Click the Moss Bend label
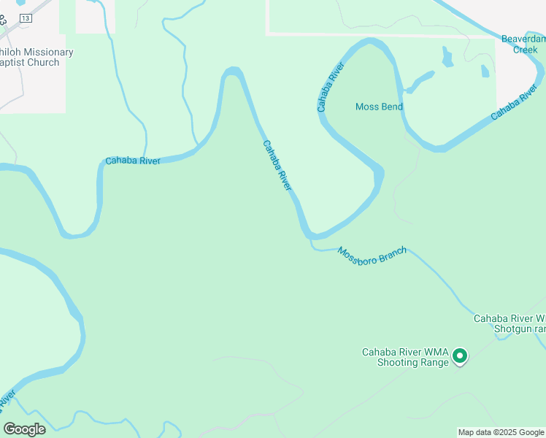pyautogui.click(x=379, y=107)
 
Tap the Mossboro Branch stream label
pyautogui.click(x=372, y=255)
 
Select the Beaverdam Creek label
pyautogui.click(x=523, y=44)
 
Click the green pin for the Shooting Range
pyautogui.click(x=460, y=356)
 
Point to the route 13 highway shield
pyautogui.click(x=26, y=18)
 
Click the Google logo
pyautogui.click(x=24, y=429)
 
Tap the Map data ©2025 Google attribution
pyautogui.click(x=501, y=432)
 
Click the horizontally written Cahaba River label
pyautogui.click(x=133, y=161)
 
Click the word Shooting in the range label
pyautogui.click(x=400, y=362)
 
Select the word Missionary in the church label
pyautogui.click(x=49, y=53)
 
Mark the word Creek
pyautogui.click(x=525, y=50)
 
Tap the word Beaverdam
pyautogui.click(x=523, y=39)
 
